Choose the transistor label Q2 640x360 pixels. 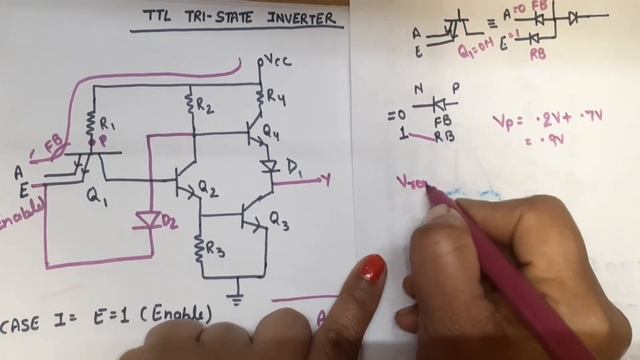click(x=207, y=186)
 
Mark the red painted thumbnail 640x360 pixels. click(x=370, y=268)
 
